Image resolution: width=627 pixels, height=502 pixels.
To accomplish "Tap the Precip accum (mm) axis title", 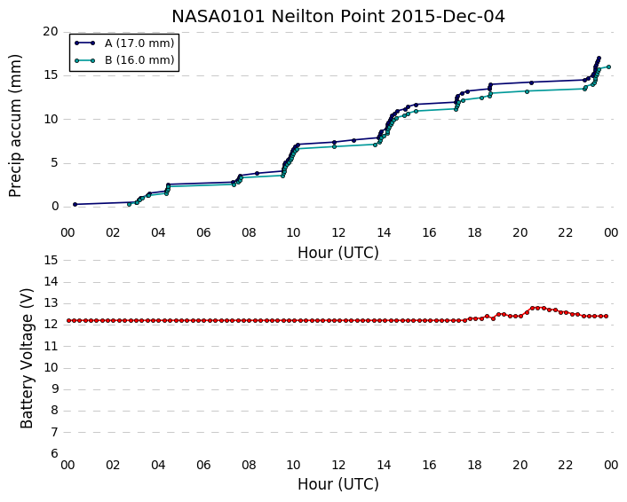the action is [x=15, y=126].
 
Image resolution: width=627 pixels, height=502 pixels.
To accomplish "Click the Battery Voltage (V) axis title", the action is [x=27, y=358].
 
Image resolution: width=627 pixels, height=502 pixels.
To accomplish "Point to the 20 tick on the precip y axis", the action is [x=51, y=32].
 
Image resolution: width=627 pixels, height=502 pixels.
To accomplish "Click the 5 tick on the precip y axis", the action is [x=55, y=163].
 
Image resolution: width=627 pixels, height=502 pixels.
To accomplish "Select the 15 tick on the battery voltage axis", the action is [x=51, y=261].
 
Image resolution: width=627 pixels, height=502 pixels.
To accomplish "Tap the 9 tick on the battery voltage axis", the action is [x=55, y=389].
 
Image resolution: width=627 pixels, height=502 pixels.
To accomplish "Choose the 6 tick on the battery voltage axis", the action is [x=55, y=454].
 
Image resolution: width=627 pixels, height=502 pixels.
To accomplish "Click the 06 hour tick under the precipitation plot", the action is [x=203, y=233].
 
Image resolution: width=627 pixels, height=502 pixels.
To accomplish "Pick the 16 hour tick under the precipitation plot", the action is [x=429, y=233].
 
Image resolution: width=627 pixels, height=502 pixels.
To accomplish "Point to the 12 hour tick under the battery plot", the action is [x=338, y=466].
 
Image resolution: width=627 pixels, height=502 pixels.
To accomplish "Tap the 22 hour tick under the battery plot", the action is [x=565, y=466].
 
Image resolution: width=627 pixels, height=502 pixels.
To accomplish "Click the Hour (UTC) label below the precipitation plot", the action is [x=338, y=253].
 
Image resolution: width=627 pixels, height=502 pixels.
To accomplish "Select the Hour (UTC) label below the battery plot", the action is [x=338, y=484].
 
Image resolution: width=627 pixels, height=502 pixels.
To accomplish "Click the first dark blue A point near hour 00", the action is [x=75, y=205].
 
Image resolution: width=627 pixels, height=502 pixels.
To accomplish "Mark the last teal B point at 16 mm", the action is [x=608, y=67].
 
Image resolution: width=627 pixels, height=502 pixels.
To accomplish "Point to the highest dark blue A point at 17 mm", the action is [x=599, y=59].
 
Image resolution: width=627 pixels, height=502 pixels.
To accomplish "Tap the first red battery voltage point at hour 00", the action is [x=68, y=321].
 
